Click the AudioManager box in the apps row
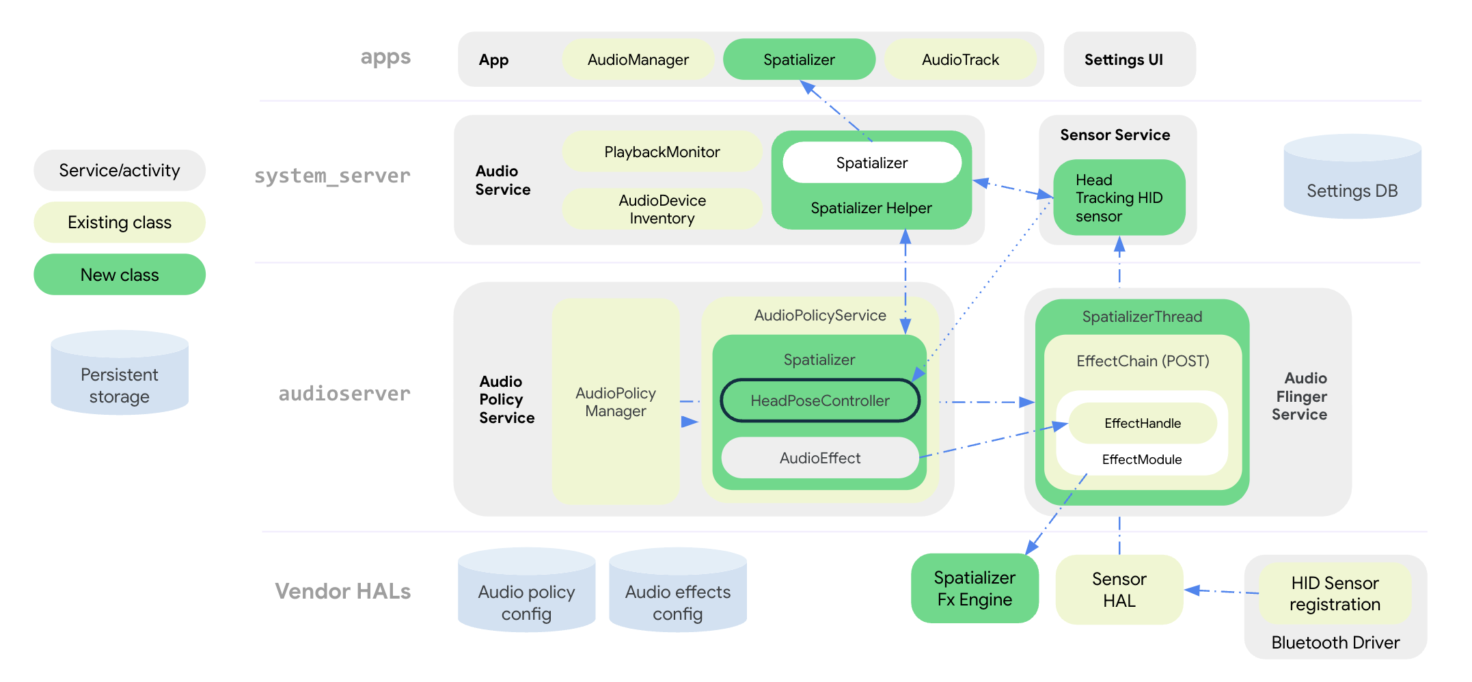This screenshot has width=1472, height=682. point(638,59)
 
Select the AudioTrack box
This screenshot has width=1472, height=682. point(959,59)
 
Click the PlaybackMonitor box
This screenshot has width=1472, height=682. point(662,152)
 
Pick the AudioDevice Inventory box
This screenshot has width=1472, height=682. point(662,209)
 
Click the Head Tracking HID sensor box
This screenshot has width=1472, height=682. point(1119,197)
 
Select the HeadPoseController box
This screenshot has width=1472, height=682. point(819,400)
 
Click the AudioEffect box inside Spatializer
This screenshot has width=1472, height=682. point(819,458)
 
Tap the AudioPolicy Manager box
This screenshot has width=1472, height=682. point(615,402)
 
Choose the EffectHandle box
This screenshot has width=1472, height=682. point(1142,423)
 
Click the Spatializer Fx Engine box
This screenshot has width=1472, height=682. point(974,588)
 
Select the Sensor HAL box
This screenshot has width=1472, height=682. point(1119,590)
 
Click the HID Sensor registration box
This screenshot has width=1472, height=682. point(1334,593)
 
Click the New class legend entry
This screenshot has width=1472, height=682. point(120,275)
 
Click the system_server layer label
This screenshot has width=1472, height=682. point(332,176)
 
